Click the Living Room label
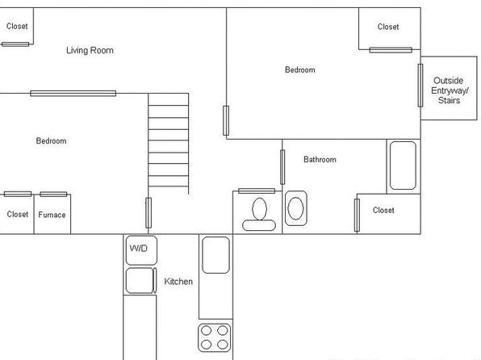90,50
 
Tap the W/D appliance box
141,250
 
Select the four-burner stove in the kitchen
215,337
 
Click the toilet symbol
259,214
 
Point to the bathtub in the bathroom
403,165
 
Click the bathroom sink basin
295,208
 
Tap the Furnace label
52,215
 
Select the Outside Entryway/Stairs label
449,90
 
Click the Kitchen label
178,282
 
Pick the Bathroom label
320,160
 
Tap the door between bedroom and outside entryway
420,86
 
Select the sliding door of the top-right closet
391,50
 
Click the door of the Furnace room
53,195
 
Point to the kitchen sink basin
215,255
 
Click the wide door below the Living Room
73,94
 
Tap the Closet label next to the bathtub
383,210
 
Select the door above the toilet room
257,190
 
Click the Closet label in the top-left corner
17,27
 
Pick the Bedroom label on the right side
300,70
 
